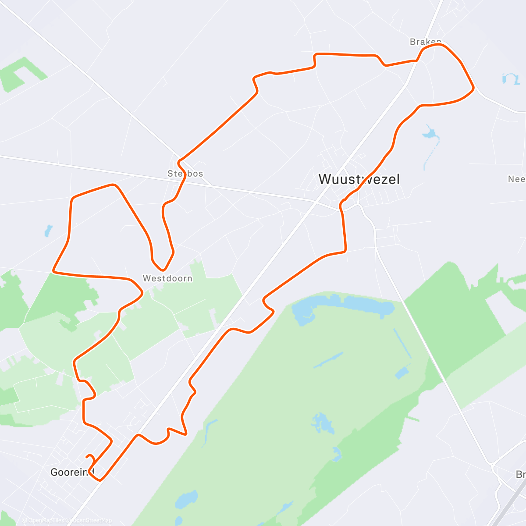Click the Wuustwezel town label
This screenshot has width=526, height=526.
click(359, 179)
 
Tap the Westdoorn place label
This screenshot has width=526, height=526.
click(167, 278)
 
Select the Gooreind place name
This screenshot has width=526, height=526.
click(72, 472)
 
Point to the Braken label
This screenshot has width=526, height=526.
click(425, 42)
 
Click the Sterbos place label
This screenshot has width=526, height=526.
click(185, 174)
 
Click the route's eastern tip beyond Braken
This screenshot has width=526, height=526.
click(473, 89)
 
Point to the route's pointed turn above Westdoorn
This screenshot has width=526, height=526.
click(162, 270)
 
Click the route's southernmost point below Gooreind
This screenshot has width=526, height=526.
click(100, 480)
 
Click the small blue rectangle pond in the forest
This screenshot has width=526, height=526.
click(401, 373)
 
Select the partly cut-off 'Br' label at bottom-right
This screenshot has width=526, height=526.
click(520, 475)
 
